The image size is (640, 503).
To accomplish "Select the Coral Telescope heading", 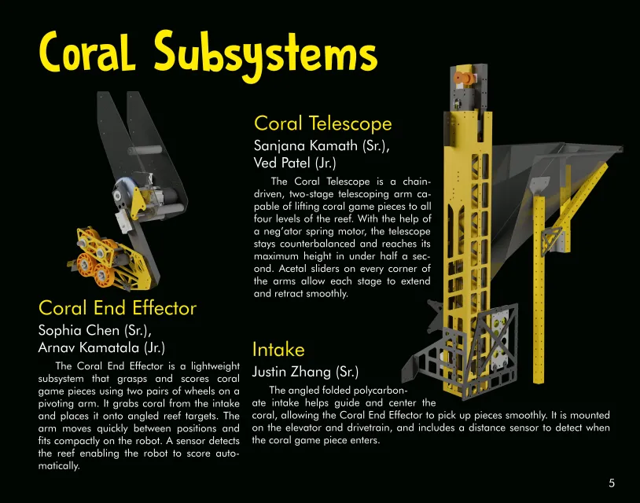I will coord(322,123).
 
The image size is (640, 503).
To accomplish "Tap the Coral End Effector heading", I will coord(117,307).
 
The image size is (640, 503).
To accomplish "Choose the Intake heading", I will coord(278,349).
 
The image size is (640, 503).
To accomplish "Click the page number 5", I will coord(612,483).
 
